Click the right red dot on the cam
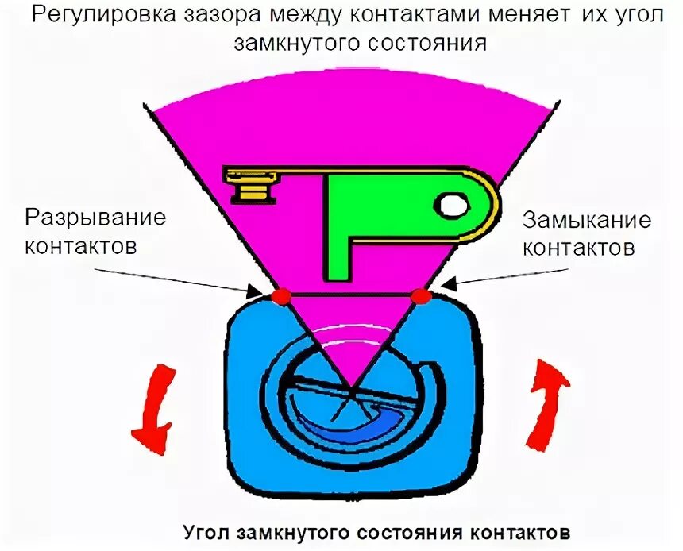422,297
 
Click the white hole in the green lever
453,206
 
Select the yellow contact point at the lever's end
251,187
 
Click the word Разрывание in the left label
96,218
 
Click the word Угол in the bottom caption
207,530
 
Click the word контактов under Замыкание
577,248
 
